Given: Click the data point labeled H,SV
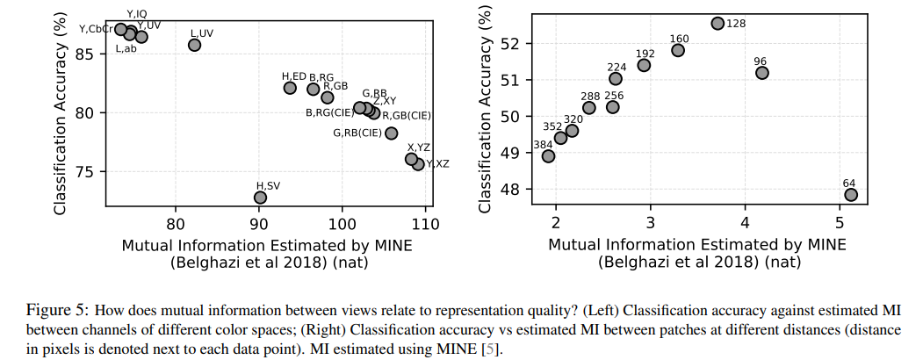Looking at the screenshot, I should click(260, 198).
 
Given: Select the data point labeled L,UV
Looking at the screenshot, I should click(194, 45).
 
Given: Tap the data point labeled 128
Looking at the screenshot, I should click(717, 24).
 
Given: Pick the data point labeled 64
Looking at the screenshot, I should click(850, 195).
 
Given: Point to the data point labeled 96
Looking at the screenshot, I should click(761, 73).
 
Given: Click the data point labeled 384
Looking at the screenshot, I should click(548, 156).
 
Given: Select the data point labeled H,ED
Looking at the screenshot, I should click(290, 88).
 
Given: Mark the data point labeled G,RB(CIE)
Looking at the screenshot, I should click(392, 133).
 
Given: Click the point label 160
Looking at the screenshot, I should click(679, 39).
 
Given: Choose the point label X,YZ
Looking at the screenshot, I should click(418, 148).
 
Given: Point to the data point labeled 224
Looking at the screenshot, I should click(616, 79).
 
